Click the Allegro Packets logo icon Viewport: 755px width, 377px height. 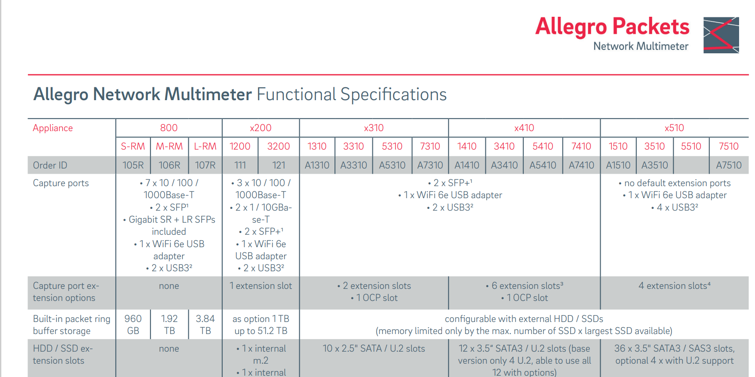[x=721, y=35]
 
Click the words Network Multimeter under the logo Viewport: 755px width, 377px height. [x=641, y=46]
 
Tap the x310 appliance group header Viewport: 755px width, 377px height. [x=374, y=128]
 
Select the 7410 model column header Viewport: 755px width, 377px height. [x=581, y=147]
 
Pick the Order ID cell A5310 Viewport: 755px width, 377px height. [x=392, y=166]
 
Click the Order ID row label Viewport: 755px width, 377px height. [x=50, y=166]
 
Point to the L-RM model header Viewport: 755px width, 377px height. [x=205, y=147]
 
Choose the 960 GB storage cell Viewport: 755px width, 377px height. [x=133, y=325]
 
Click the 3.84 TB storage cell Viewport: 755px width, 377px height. [x=205, y=325]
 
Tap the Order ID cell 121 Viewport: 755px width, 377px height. [x=279, y=166]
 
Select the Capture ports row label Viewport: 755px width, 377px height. [x=61, y=183]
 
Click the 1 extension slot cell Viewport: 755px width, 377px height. [x=261, y=286]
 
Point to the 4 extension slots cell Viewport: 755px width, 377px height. [x=674, y=286]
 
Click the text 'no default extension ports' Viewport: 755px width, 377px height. [x=677, y=183]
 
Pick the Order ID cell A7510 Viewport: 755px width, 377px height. [x=728, y=166]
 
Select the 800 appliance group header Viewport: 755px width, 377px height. [x=169, y=128]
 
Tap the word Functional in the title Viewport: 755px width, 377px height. [x=296, y=95]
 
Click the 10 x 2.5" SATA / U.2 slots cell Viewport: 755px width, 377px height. [x=374, y=349]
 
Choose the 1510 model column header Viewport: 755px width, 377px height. [x=618, y=147]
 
